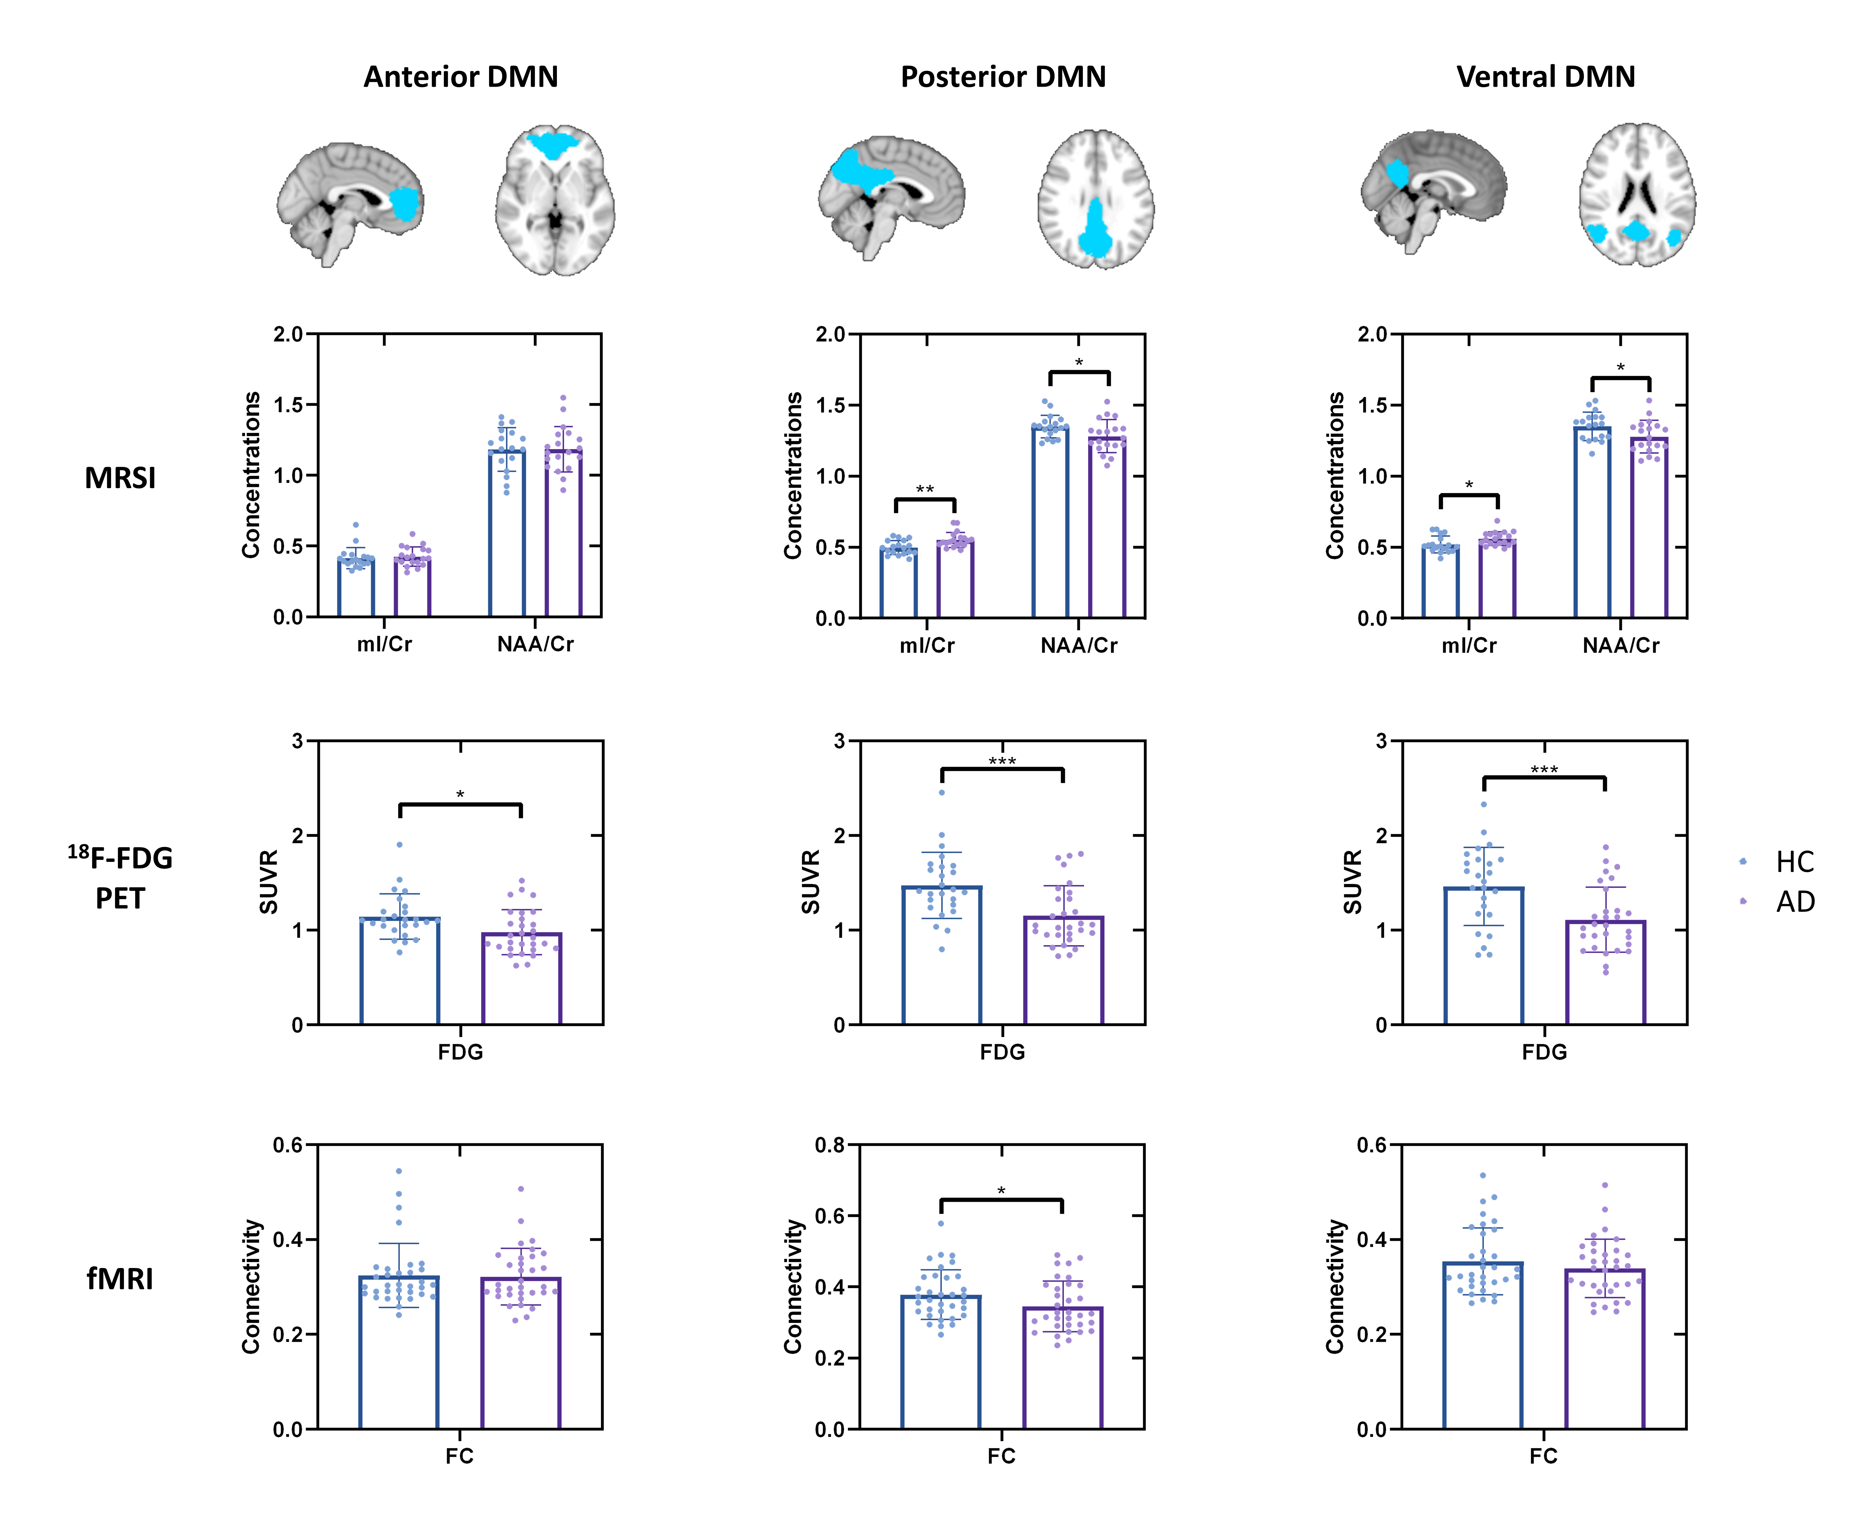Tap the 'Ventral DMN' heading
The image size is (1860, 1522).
(1545, 77)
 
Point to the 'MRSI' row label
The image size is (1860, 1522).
(120, 478)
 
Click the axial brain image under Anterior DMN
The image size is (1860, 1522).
(555, 200)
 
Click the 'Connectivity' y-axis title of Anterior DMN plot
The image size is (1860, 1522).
(252, 1286)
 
